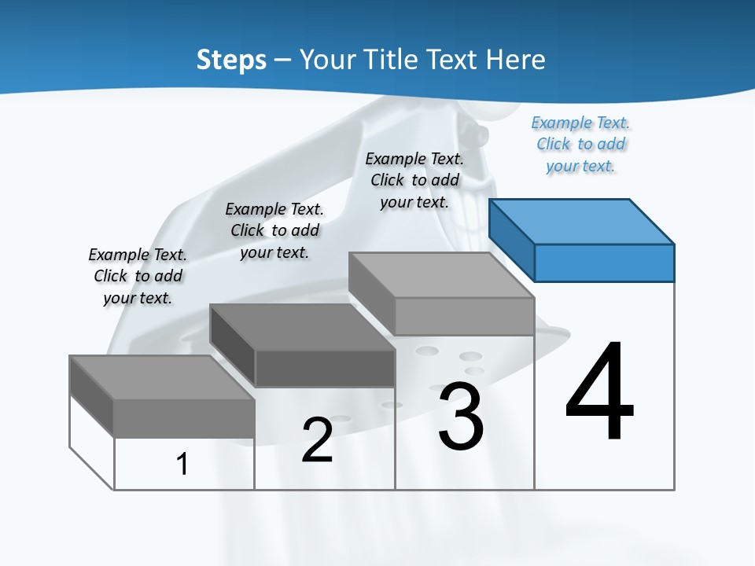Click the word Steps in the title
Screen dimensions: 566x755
(231, 60)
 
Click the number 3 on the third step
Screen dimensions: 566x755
(461, 417)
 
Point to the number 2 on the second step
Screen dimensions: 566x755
(317, 440)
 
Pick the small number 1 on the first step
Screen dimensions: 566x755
(182, 464)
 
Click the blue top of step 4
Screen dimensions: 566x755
(582, 221)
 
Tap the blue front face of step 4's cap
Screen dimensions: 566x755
(604, 263)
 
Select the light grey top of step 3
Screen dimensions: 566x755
(441, 274)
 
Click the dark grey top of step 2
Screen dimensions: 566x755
(302, 326)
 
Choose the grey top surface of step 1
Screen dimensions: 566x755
(162, 377)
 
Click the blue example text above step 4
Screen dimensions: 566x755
(581, 145)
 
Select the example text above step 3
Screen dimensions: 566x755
(414, 180)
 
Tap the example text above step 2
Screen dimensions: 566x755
(274, 230)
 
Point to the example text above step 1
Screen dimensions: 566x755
(138, 276)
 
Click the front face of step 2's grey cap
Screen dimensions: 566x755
(325, 368)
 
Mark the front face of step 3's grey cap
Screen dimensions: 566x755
(464, 316)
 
